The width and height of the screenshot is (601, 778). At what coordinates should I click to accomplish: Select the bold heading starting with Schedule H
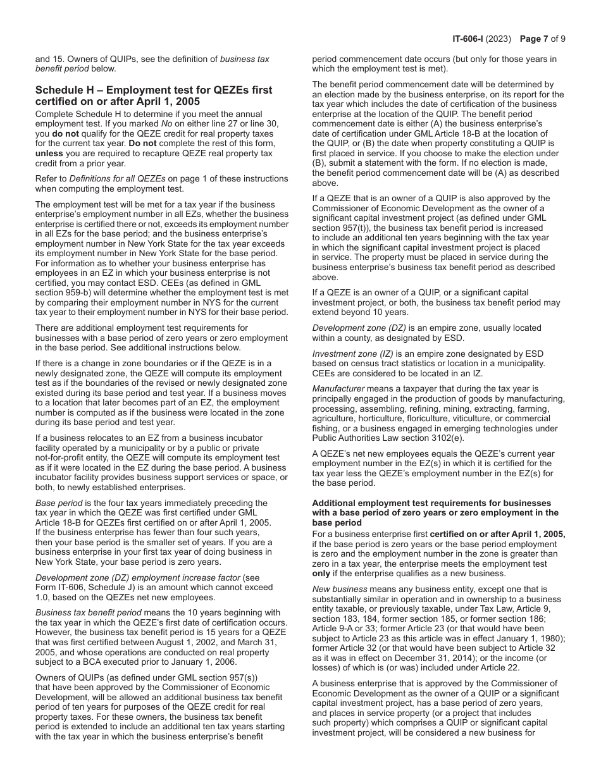tap(154, 96)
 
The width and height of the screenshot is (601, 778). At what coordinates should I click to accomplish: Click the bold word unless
tap(49, 153)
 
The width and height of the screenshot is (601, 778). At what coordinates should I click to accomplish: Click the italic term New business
tap(339, 589)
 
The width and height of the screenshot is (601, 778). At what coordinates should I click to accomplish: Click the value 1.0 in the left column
tap(44, 597)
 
